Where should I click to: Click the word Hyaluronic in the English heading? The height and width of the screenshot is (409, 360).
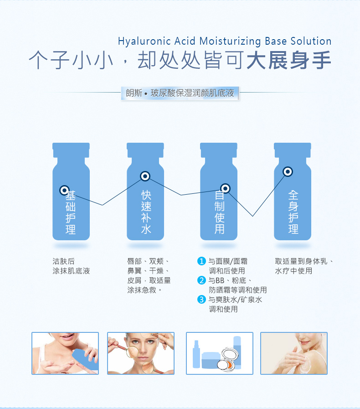click(x=144, y=41)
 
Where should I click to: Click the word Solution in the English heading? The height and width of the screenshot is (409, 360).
click(x=311, y=41)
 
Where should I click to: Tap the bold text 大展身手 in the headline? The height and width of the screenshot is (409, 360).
click(x=288, y=60)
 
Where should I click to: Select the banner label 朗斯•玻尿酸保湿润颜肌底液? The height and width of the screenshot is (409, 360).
click(x=180, y=93)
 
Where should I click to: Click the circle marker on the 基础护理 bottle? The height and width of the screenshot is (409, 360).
click(x=64, y=190)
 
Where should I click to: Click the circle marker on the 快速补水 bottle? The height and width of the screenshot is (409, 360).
click(x=145, y=176)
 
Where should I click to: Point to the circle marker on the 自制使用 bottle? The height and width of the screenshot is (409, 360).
click(x=225, y=188)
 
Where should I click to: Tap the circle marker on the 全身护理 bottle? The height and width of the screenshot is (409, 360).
click(x=288, y=171)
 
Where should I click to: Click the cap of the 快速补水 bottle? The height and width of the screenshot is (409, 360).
click(x=145, y=150)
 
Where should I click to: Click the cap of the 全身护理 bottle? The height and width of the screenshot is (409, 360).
click(x=293, y=150)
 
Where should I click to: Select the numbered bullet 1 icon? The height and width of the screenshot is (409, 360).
click(x=201, y=261)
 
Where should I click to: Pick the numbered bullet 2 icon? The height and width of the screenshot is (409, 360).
click(x=201, y=280)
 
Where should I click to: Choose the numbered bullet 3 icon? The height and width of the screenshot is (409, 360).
click(x=201, y=299)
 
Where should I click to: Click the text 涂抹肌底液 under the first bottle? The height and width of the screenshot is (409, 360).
click(x=71, y=271)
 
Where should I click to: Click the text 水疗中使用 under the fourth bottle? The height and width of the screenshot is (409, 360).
click(x=293, y=271)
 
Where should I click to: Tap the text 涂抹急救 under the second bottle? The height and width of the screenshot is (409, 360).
click(x=142, y=290)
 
